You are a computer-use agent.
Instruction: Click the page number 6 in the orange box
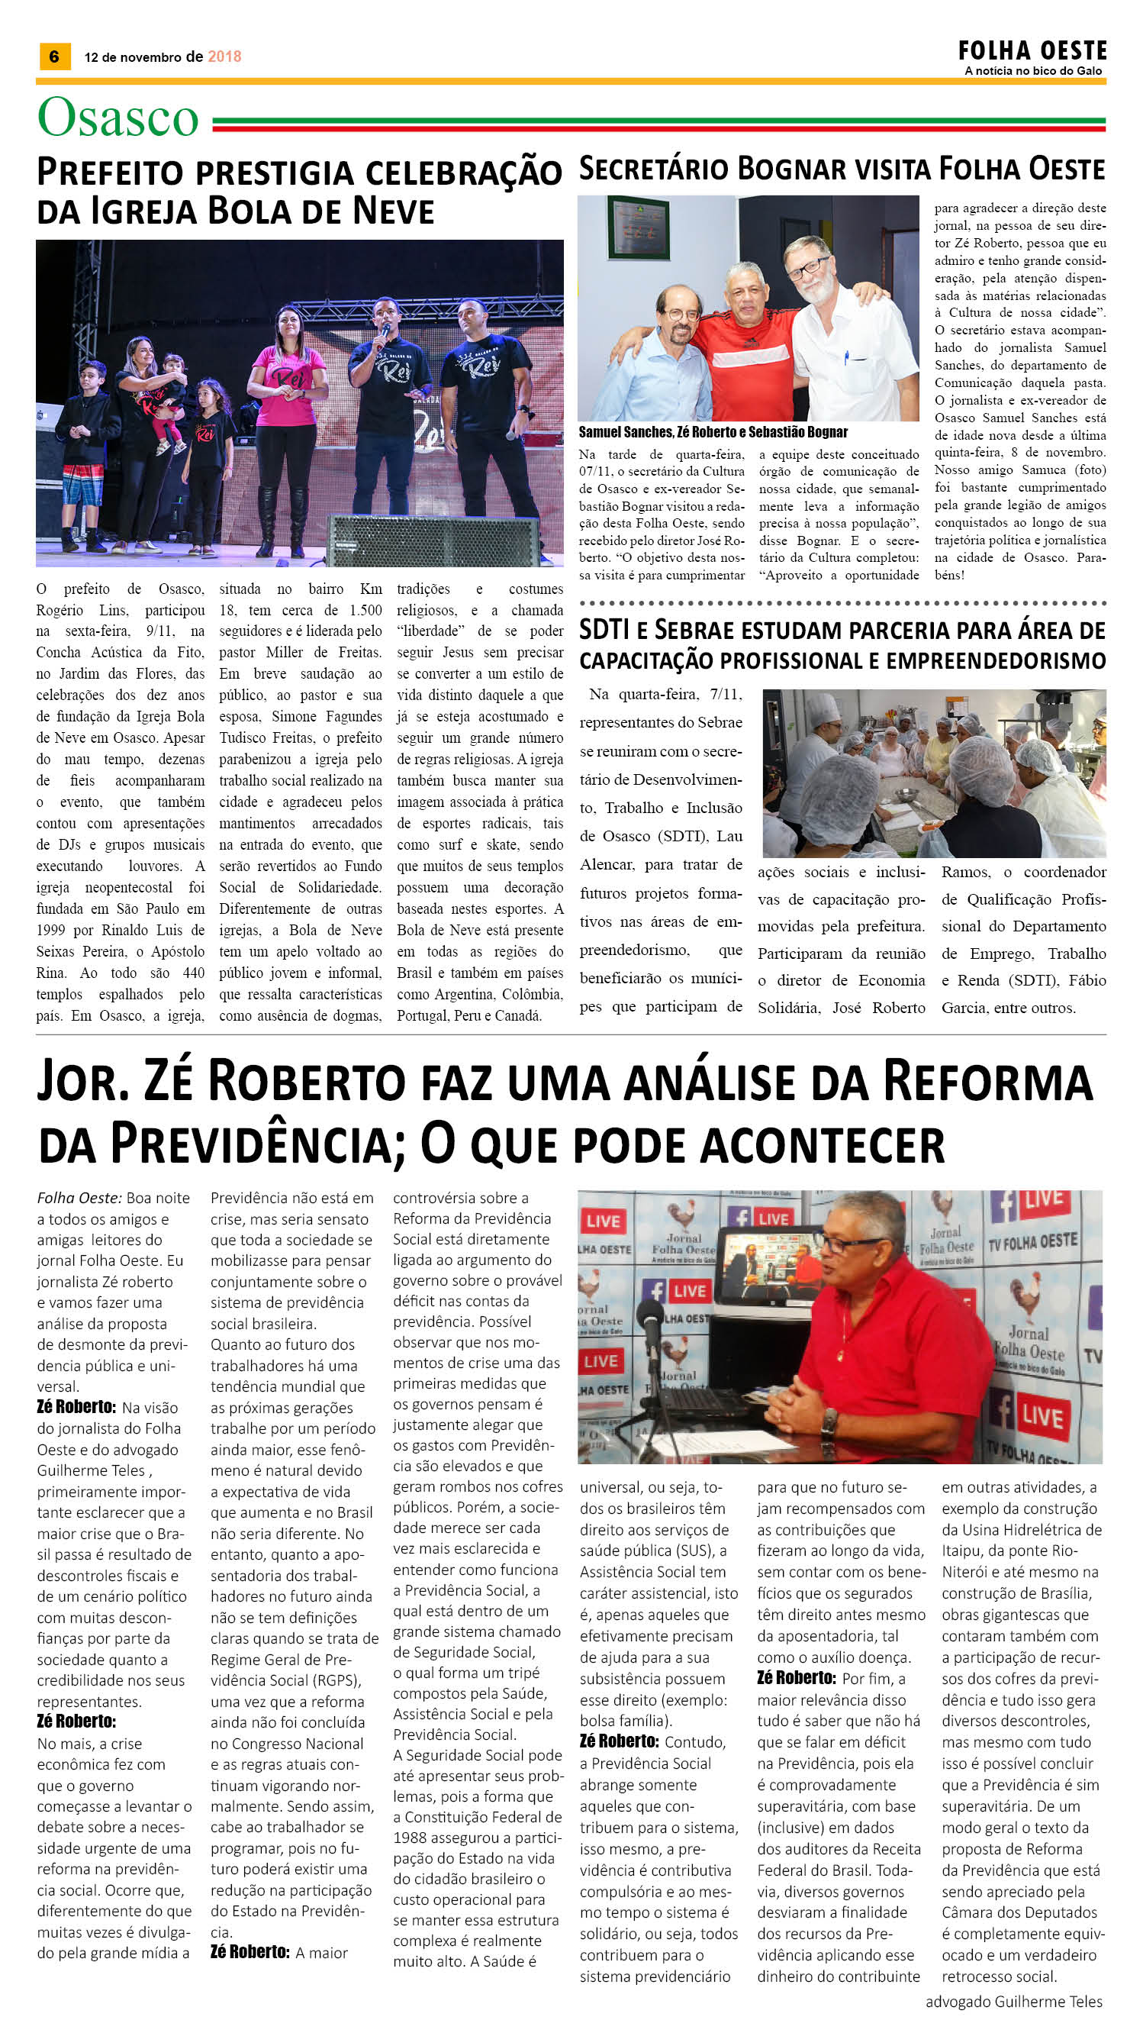(54, 56)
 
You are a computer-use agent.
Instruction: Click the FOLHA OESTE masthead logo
(1032, 51)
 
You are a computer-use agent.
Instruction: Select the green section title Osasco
(118, 118)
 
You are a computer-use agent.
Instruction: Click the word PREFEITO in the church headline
(110, 173)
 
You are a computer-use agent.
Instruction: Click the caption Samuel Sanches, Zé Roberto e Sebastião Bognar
(713, 432)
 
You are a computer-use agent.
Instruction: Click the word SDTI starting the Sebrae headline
(604, 630)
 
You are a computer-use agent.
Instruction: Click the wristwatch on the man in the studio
(826, 1423)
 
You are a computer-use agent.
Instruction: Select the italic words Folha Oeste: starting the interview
(79, 1198)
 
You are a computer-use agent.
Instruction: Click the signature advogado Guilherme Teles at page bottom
(1013, 2000)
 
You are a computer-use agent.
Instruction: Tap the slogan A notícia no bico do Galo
(1033, 71)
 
